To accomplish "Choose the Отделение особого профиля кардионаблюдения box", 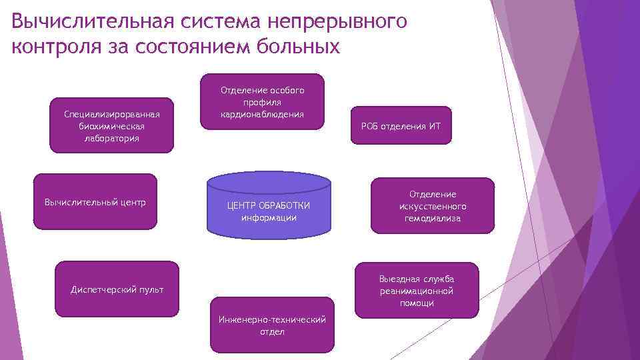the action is click(262, 102).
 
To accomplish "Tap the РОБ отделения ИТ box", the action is click(401, 125).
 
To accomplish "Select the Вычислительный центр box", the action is click(95, 201).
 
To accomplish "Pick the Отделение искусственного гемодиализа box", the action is click(433, 206).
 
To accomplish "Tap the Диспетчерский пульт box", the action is click(117, 289).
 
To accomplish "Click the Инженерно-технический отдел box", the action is click(272, 325).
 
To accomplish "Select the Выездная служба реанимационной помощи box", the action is click(417, 291).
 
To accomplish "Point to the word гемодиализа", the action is click(433, 218).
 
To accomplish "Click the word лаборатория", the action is click(111, 138).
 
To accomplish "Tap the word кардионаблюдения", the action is click(262, 114).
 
